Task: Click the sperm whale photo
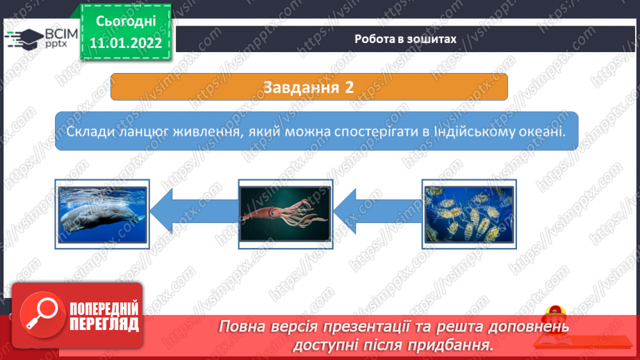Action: tap(102, 214)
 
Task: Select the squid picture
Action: tap(286, 213)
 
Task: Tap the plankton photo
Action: tap(469, 214)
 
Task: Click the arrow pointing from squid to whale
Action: tap(194, 211)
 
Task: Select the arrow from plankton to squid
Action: tap(377, 211)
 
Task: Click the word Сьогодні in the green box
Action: tap(126, 21)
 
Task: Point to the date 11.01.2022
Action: tap(126, 43)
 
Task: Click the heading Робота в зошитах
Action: tap(405, 39)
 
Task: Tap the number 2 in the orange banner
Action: tap(349, 88)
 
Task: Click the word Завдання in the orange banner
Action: tap(301, 88)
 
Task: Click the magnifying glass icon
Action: tap(42, 314)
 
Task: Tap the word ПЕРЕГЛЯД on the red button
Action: tap(104, 325)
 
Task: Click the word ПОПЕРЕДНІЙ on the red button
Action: tap(104, 309)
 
